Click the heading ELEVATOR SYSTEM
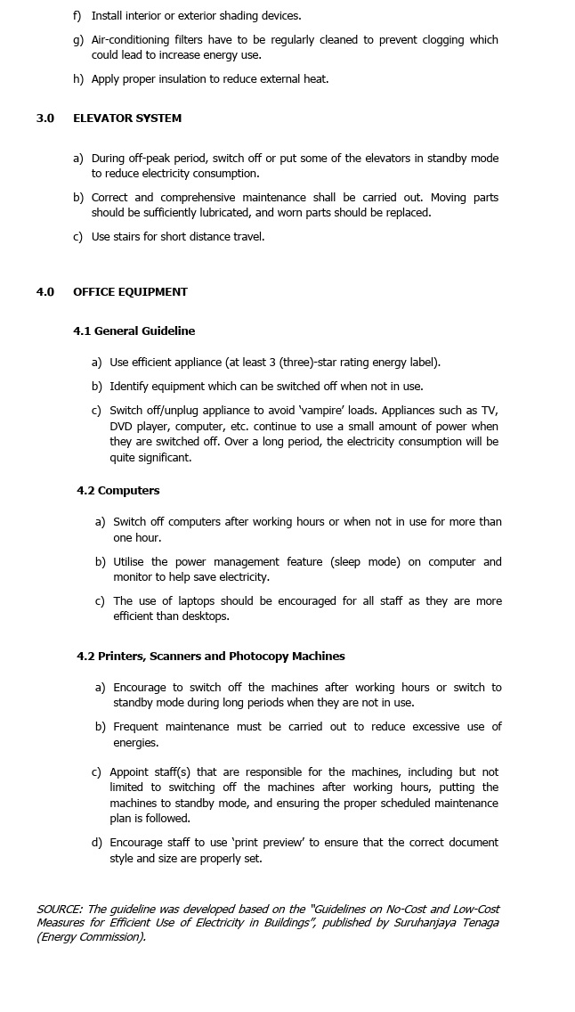pos(126,118)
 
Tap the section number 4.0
pos(45,292)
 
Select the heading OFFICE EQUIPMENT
pos(130,292)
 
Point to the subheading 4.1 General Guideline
pos(134,331)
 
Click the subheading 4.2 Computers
pos(118,491)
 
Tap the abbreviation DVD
pos(122,427)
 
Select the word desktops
pos(206,616)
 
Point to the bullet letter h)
pos(78,79)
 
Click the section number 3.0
pos(45,118)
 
